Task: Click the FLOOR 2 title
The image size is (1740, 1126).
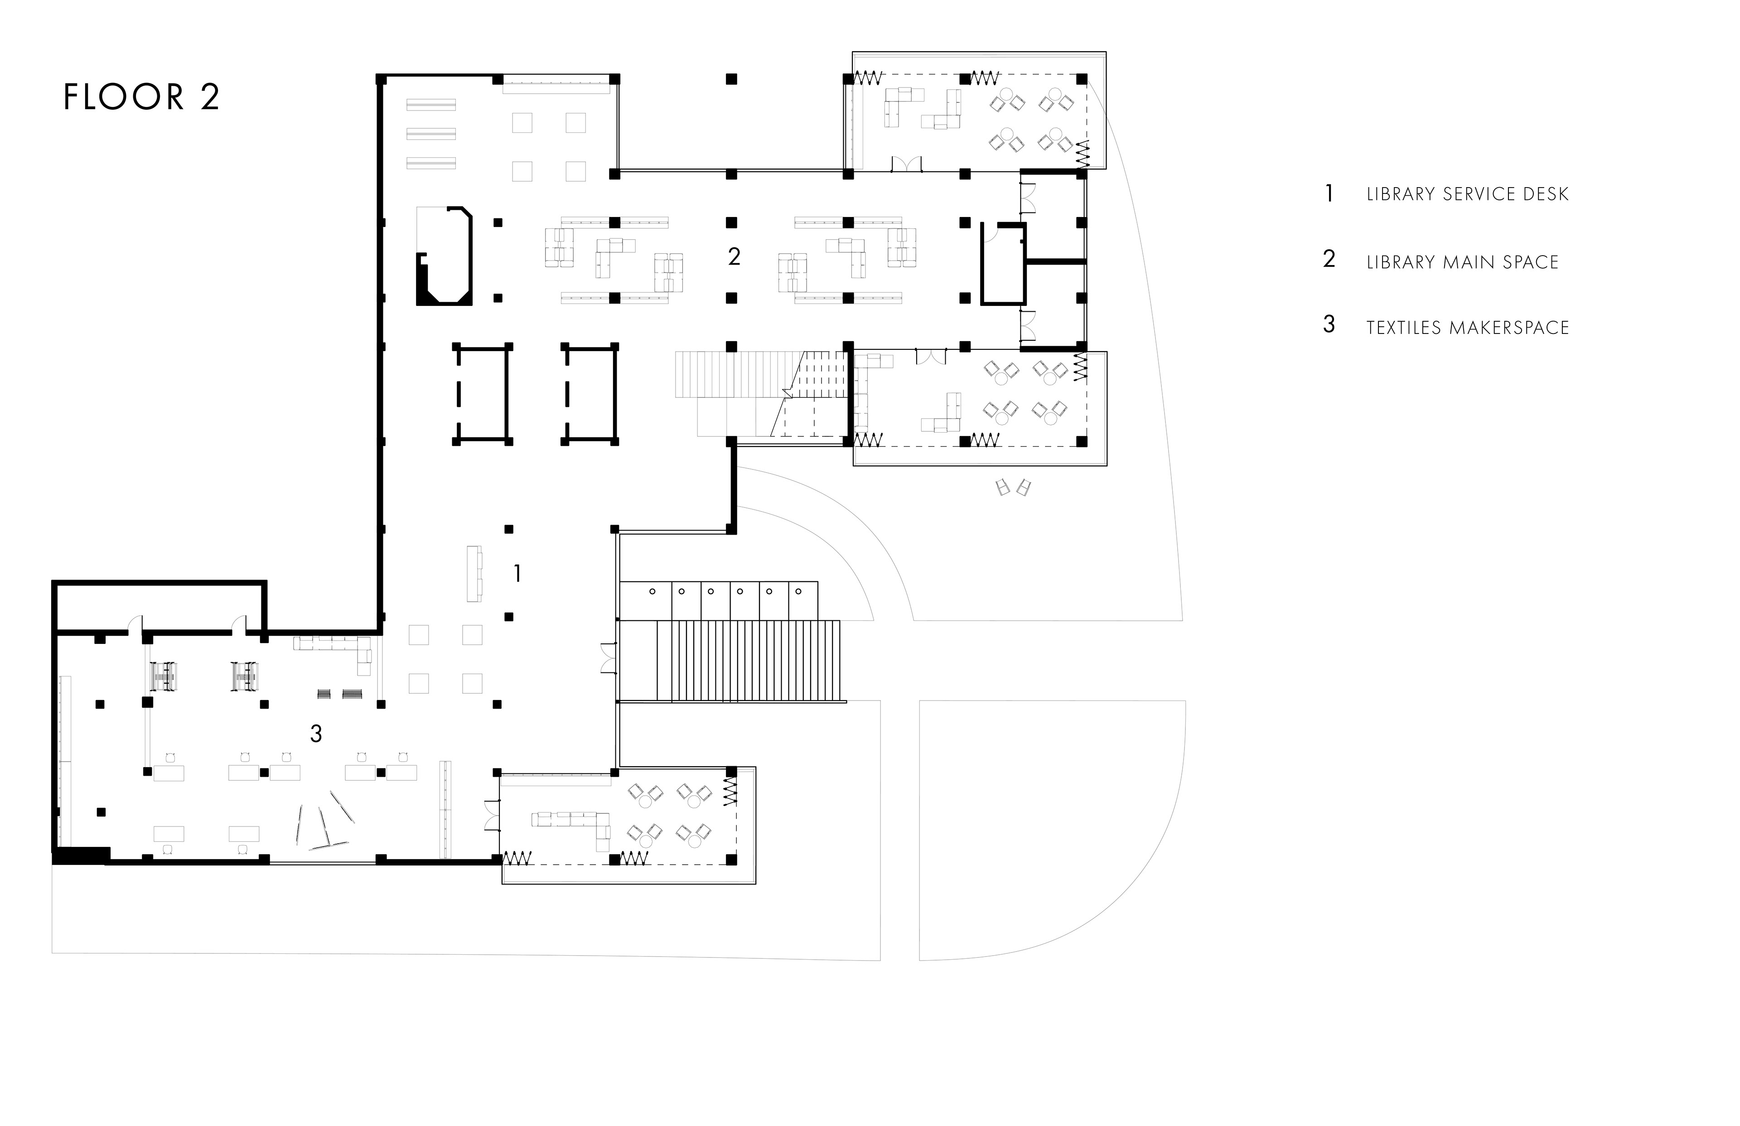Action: click(142, 97)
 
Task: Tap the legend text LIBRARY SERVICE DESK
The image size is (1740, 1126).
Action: click(1467, 194)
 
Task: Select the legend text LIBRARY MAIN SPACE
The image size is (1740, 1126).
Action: click(1462, 262)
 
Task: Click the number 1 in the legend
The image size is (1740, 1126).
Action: click(1329, 194)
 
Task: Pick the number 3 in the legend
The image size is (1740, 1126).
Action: click(1329, 324)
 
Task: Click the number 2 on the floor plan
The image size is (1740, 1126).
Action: click(734, 256)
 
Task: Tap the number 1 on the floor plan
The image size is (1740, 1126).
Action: click(517, 574)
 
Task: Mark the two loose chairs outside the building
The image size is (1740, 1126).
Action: click(1013, 487)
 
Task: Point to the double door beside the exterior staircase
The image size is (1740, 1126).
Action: click(608, 658)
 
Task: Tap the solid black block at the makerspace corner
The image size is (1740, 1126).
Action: click(80, 855)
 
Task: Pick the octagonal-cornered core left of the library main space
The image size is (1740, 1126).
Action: click(444, 256)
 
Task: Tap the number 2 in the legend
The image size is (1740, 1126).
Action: click(1329, 259)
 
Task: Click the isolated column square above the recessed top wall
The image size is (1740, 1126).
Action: click(731, 79)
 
